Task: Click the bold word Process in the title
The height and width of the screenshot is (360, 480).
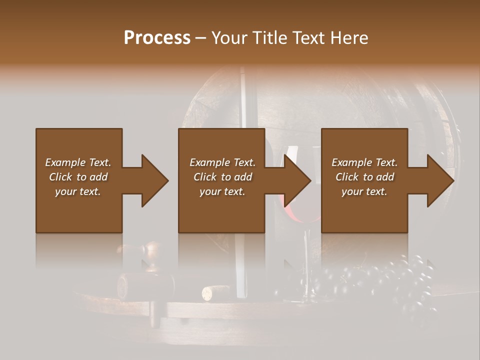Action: [x=157, y=38]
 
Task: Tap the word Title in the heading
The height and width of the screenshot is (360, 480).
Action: [x=269, y=38]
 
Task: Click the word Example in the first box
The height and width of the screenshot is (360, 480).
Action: [x=65, y=162]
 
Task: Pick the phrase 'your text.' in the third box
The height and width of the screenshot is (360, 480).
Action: [x=364, y=191]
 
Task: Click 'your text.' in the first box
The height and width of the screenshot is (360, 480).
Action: [x=77, y=191]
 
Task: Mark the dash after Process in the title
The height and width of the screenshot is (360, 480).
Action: [x=200, y=38]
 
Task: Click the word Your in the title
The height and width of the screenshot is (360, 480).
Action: [x=229, y=38]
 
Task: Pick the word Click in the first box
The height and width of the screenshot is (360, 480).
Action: [x=60, y=177]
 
